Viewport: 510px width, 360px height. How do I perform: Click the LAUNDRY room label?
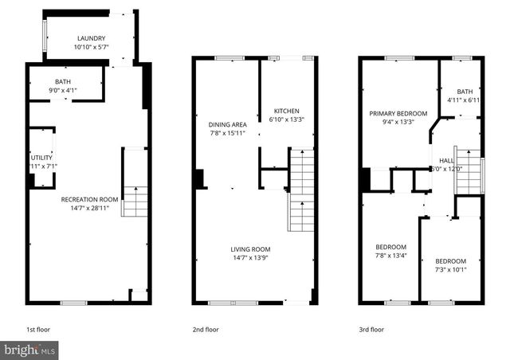coord(90,39)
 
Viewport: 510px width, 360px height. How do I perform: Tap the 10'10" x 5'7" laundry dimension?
coord(90,47)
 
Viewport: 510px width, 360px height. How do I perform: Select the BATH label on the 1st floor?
coord(62,82)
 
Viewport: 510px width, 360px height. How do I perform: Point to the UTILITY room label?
coord(41,158)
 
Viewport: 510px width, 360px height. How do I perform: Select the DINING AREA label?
coord(227,124)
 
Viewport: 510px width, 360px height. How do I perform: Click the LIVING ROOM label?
coord(250,248)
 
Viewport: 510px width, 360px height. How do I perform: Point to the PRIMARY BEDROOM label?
coord(398,114)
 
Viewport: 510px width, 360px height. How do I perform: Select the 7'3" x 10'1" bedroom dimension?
coord(450,269)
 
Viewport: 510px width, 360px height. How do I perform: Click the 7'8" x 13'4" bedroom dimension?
coord(390,255)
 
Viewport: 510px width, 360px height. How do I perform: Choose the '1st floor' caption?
coord(38,329)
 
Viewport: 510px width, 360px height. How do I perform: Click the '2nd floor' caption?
coord(206,329)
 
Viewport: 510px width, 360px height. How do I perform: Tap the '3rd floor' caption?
coord(371,329)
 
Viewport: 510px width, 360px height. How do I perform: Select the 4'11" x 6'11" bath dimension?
coord(461,100)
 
